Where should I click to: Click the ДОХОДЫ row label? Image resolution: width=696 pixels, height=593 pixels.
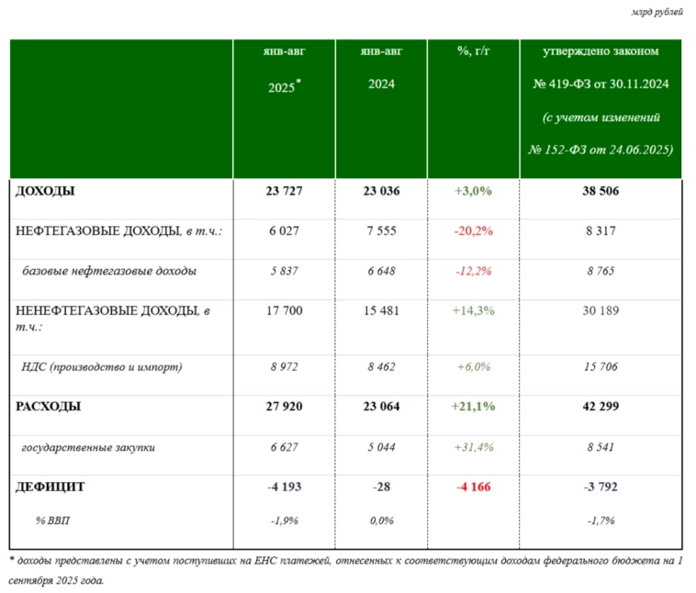45,192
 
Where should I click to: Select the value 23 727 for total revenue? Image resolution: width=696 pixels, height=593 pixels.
284,192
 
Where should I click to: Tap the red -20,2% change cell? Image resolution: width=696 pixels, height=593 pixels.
473,231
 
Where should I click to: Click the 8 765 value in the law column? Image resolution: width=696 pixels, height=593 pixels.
601,272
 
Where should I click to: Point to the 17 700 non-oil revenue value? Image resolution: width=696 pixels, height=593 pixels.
284,311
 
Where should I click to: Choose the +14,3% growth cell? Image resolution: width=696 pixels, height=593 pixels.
473,311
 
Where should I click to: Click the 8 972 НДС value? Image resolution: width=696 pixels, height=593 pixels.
284,367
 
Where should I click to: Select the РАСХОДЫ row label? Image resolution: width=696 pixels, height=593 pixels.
48,407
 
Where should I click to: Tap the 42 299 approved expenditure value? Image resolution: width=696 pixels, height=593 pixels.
601,407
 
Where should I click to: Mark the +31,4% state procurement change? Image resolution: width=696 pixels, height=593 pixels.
473,447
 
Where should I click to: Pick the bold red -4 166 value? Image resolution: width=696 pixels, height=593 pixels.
473,487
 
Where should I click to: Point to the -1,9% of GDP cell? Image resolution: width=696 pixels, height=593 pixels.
284,520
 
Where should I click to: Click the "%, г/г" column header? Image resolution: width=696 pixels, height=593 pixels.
473,51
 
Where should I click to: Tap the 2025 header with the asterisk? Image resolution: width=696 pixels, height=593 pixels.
284,87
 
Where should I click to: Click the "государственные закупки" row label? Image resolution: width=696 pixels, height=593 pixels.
88,447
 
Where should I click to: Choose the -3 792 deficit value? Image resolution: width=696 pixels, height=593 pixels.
601,487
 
